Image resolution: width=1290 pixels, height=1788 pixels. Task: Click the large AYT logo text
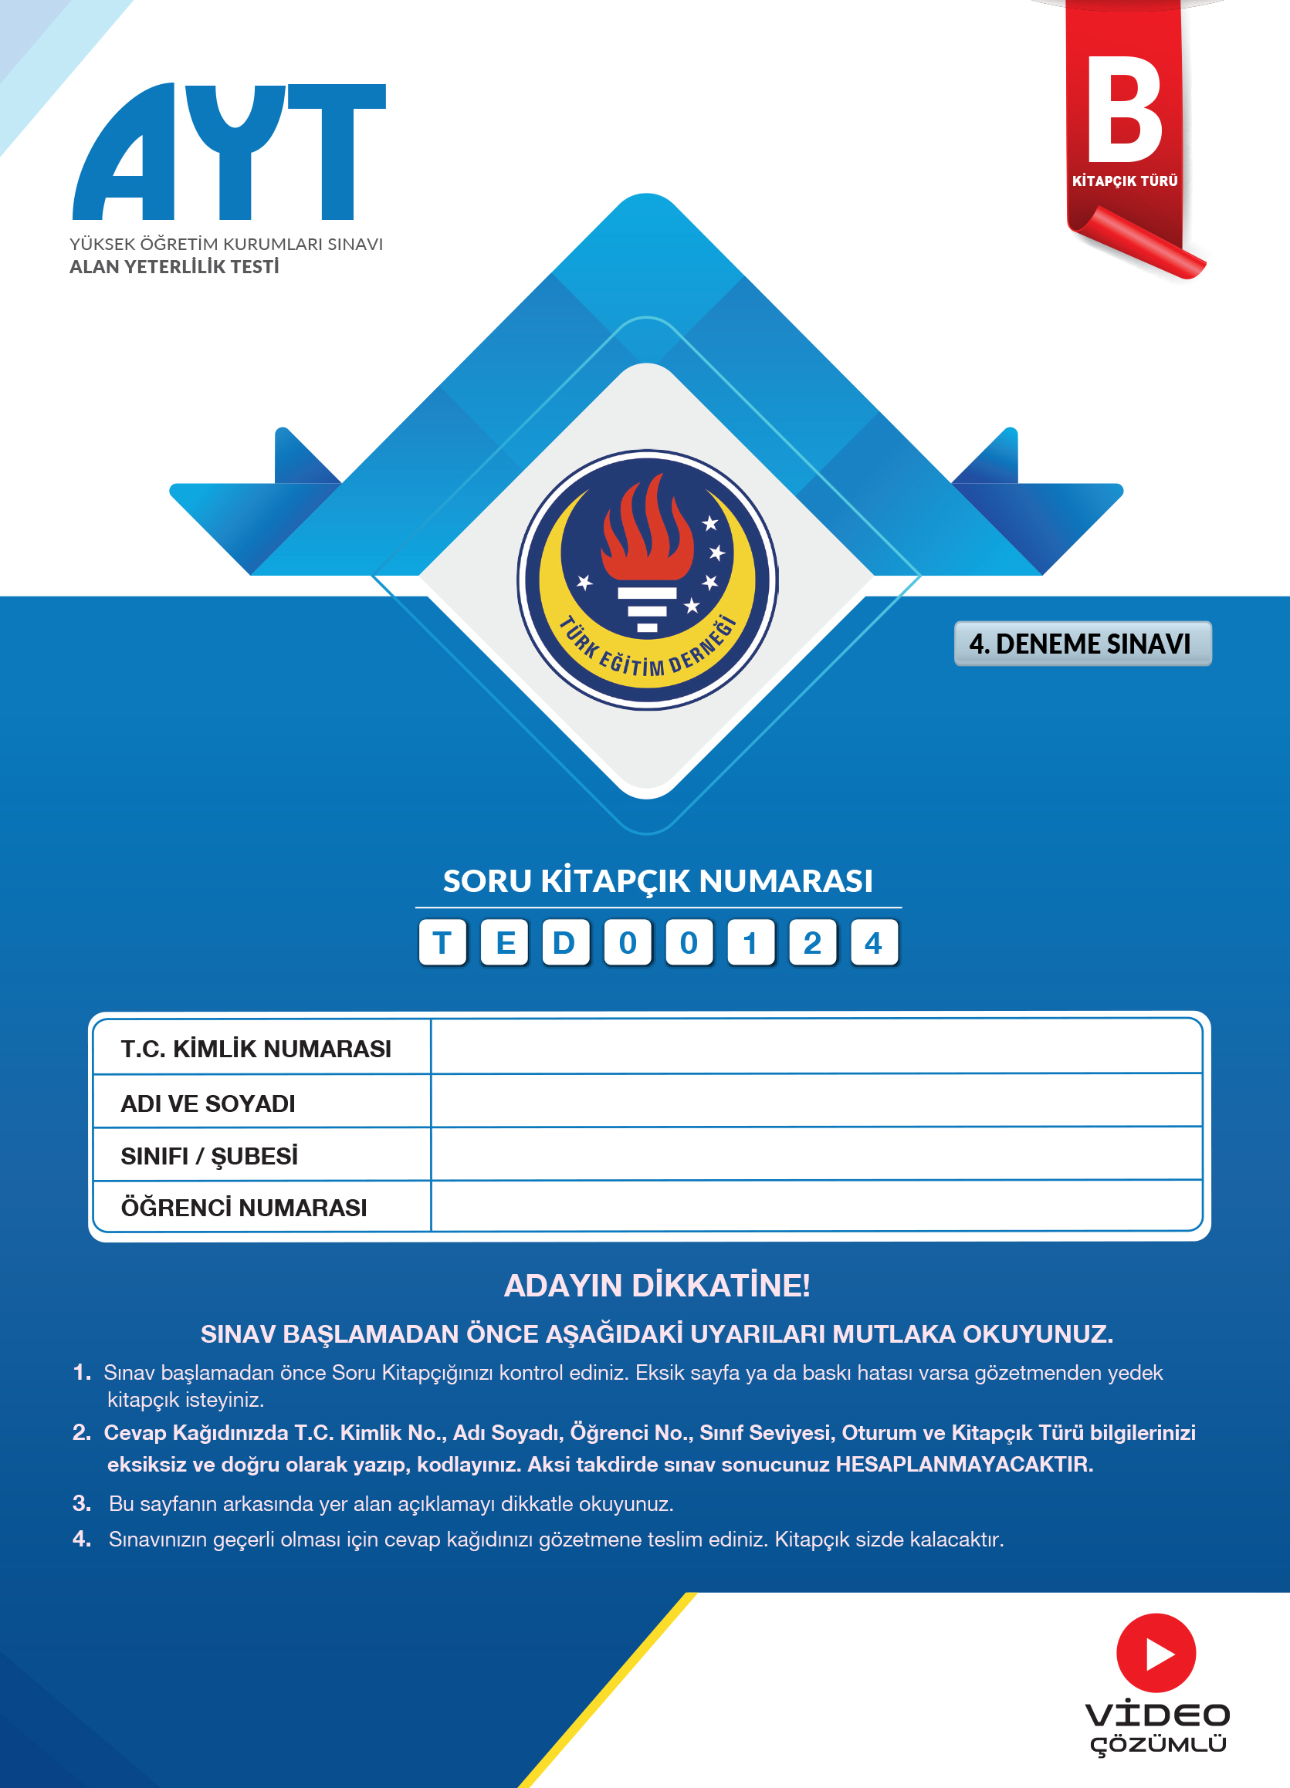(229, 152)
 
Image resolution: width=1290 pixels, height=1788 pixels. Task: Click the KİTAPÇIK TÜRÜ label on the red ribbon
(1125, 181)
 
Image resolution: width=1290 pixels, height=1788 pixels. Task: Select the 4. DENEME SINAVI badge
(1082, 644)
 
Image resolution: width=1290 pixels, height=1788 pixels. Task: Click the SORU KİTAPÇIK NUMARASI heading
(658, 881)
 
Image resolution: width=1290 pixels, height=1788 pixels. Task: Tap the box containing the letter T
(442, 943)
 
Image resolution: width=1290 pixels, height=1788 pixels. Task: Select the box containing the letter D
(564, 943)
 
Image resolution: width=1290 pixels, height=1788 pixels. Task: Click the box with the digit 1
(750, 943)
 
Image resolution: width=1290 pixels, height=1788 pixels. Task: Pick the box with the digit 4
(874, 943)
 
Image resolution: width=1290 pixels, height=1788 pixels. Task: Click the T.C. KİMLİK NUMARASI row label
(256, 1049)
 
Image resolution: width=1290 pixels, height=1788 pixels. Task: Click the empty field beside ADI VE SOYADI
(816, 1101)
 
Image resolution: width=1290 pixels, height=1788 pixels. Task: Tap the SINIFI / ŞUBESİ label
(210, 1156)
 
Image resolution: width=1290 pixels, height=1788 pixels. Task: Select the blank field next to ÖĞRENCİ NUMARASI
(816, 1206)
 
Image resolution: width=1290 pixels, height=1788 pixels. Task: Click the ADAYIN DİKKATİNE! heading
(657, 1285)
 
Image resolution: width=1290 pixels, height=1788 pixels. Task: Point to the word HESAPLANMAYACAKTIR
(963, 1464)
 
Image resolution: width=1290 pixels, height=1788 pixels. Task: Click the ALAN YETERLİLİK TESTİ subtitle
(174, 267)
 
